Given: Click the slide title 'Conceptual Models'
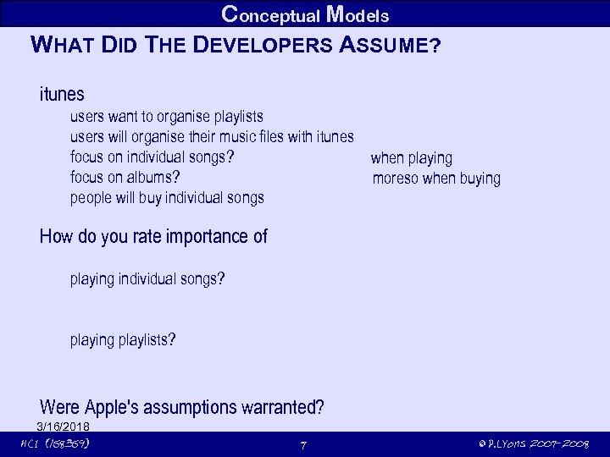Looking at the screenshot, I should coord(305,14).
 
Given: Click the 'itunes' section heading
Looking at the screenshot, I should coord(62,93).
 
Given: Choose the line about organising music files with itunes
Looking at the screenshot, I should coord(212,136).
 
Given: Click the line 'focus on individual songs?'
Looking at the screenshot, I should coord(152,157).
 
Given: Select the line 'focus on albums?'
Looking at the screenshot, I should coord(125,177).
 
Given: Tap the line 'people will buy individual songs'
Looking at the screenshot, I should coord(167,197).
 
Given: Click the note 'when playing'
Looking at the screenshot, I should coord(412,157).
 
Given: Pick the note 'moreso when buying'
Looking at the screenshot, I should coord(436,178).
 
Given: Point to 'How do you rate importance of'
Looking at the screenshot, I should coord(153,236).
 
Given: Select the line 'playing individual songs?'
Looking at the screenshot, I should coord(147,278).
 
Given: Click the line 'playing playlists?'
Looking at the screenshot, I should coord(123,339).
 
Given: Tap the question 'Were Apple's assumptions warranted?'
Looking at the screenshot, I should coord(181,407).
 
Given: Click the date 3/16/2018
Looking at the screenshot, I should coord(63,425).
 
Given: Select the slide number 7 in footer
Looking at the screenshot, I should coord(303,444).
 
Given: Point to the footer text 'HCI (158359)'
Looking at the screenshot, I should coord(55,443).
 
